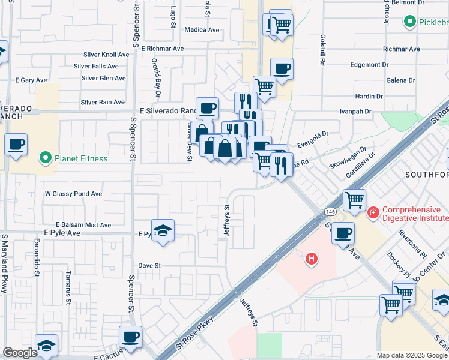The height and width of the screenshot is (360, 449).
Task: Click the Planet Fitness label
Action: [81, 159]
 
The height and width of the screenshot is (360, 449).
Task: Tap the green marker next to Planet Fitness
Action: [44, 159]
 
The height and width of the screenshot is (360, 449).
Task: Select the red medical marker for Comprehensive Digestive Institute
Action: [373, 212]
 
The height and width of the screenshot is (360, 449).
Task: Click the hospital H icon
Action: [311, 259]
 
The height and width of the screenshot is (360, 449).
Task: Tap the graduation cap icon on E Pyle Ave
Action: [162, 231]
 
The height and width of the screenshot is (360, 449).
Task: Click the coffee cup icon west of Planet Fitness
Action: [16, 145]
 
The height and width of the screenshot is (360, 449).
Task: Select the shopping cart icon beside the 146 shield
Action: [354, 200]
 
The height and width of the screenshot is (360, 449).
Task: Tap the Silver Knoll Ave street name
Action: [102, 55]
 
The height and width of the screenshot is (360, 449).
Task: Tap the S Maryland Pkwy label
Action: [4, 263]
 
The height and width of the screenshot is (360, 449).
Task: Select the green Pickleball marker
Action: [411, 22]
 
